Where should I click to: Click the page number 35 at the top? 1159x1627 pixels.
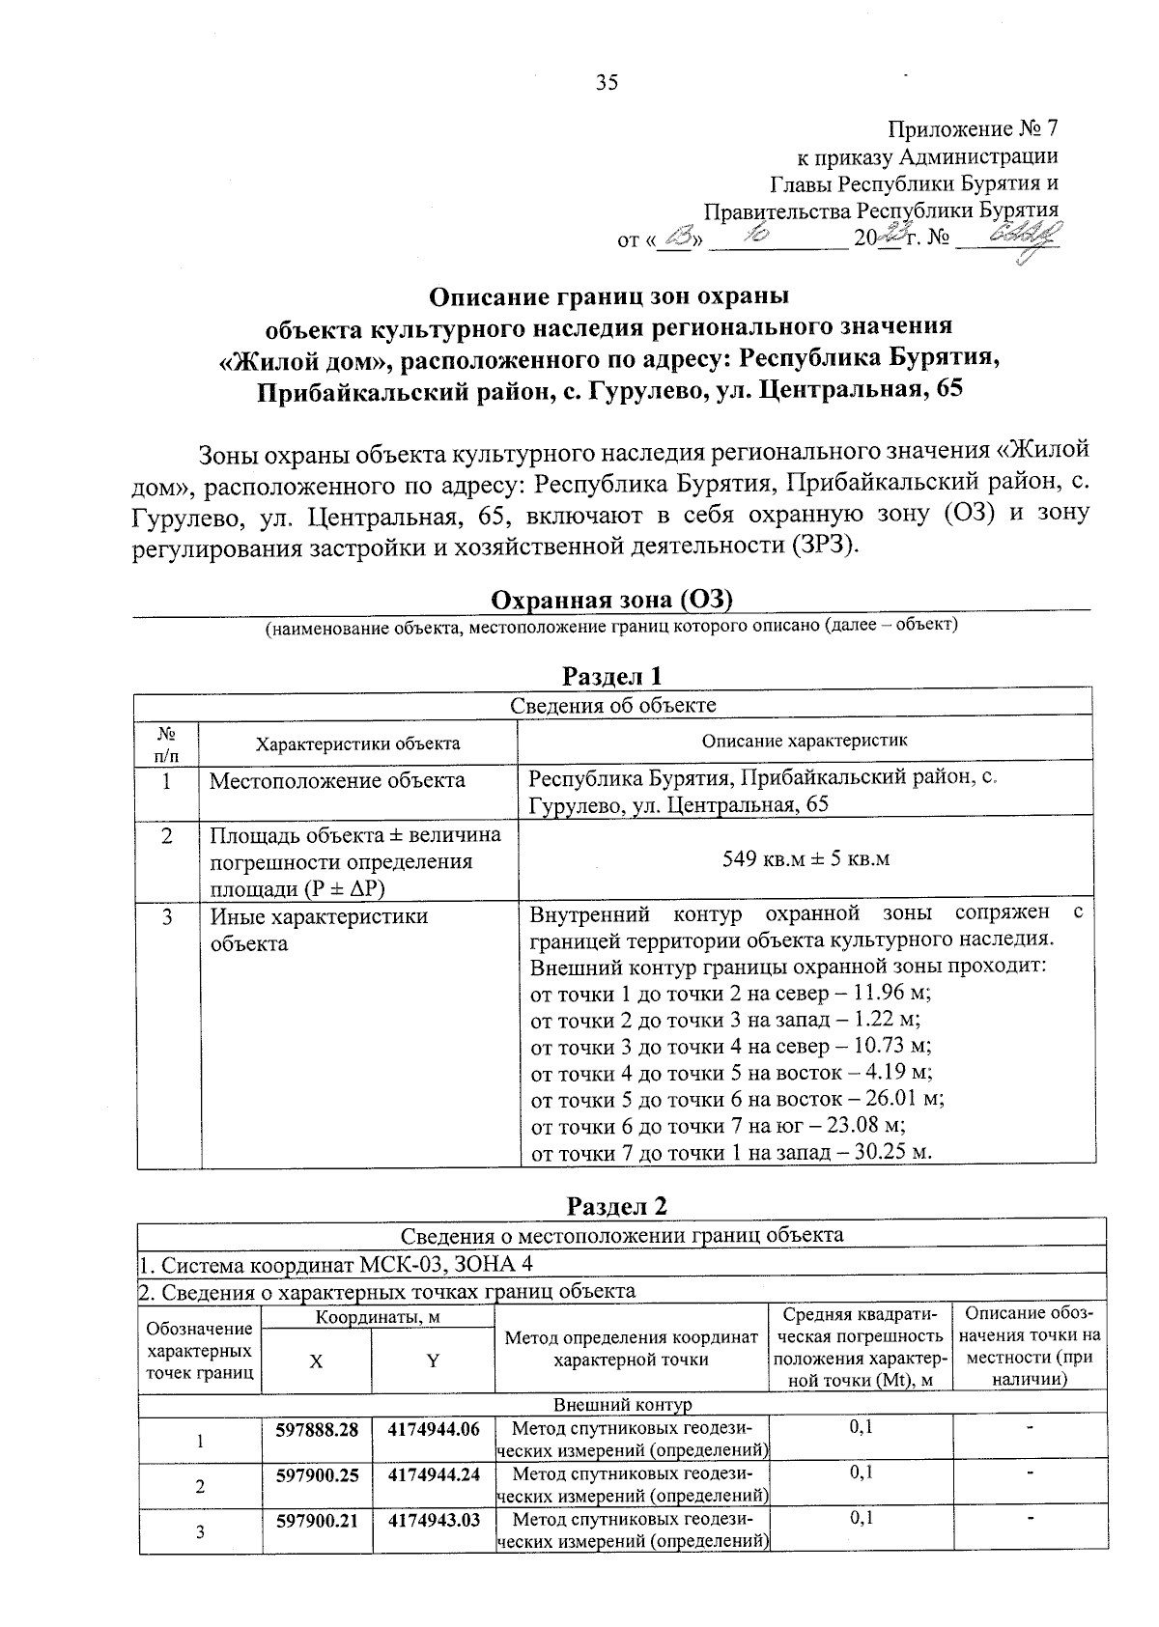tap(607, 82)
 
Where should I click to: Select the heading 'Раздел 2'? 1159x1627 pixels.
tap(617, 1206)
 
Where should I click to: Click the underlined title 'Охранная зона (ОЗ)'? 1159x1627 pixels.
tap(612, 600)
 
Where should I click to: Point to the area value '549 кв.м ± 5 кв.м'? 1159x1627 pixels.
tap(806, 858)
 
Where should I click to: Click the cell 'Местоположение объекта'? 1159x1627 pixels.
tap(337, 780)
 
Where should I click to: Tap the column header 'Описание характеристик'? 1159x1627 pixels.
tap(805, 741)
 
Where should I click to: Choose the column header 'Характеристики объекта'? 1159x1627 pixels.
tap(357, 743)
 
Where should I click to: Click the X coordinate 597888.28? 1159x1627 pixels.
tap(317, 1429)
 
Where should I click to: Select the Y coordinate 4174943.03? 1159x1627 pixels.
tap(434, 1520)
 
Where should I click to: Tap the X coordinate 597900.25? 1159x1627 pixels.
tap(317, 1474)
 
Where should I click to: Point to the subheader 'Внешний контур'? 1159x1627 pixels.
tap(622, 1404)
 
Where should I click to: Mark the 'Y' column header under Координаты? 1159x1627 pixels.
tap(434, 1361)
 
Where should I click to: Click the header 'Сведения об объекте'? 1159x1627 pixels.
tap(612, 705)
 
